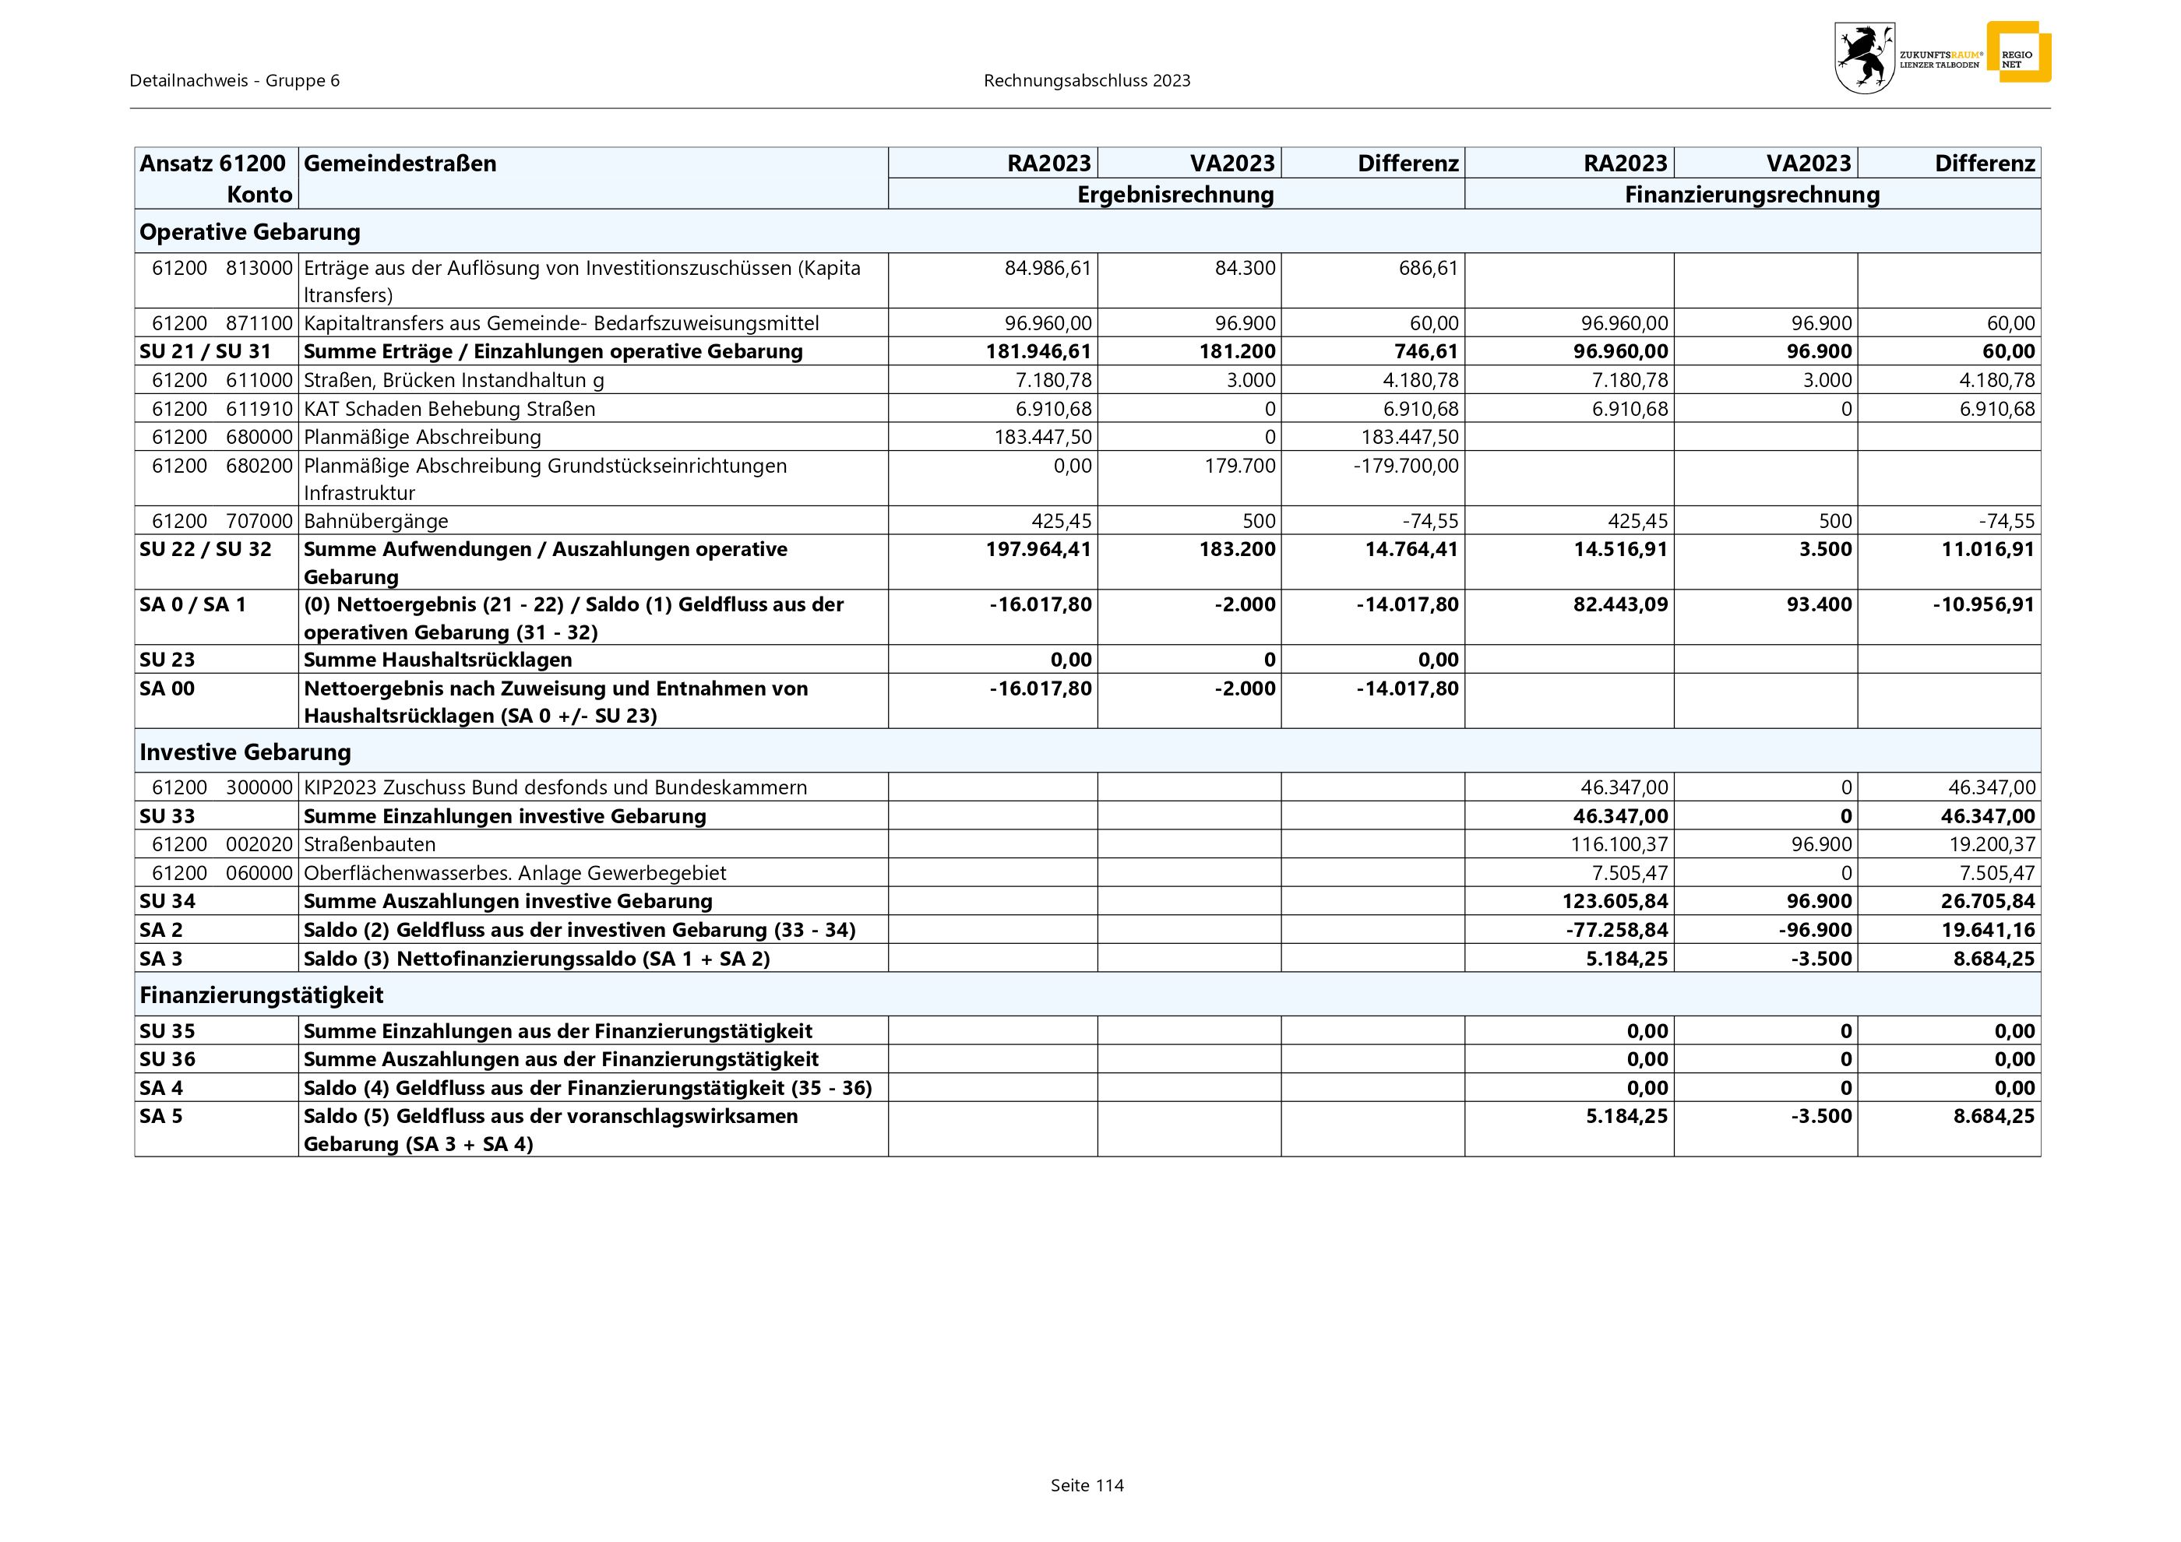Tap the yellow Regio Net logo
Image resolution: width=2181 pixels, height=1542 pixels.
(x=2017, y=52)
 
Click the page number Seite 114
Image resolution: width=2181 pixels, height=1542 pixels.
(x=1087, y=1485)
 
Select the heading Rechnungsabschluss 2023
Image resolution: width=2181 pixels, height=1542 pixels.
(x=1087, y=81)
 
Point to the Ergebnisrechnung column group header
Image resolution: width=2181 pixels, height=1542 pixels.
(x=1175, y=195)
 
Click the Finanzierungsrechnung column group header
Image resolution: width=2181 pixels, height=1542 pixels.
(x=1752, y=195)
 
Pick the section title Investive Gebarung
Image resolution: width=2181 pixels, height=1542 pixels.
(x=245, y=752)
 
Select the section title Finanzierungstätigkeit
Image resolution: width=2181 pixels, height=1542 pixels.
(x=261, y=995)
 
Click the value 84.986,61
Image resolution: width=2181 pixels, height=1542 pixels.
(x=1048, y=268)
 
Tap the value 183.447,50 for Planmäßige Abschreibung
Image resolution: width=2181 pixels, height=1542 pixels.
(x=1042, y=437)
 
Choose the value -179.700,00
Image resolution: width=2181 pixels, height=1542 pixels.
(x=1406, y=465)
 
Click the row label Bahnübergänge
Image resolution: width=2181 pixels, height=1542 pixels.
(x=376, y=520)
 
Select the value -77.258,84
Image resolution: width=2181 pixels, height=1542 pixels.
(x=1617, y=930)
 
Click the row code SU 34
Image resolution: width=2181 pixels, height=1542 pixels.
(x=167, y=901)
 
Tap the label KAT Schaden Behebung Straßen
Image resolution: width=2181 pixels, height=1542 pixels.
(x=449, y=409)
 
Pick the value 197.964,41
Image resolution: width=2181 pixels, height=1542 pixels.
(x=1038, y=549)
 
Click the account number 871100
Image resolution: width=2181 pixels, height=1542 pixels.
(x=259, y=323)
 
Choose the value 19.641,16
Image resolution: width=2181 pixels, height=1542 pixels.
(x=1987, y=930)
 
